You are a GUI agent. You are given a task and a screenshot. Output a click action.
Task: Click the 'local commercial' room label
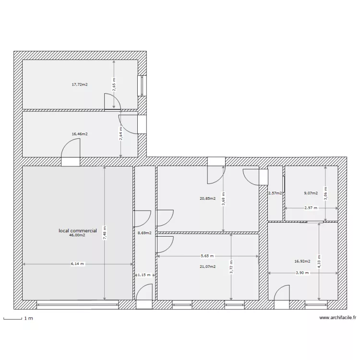tap(77, 230)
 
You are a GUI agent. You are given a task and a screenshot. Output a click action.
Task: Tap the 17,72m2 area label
tap(80, 84)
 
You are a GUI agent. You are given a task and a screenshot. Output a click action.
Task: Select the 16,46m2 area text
tap(80, 134)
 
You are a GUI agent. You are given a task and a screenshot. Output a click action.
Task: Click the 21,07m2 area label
tap(208, 266)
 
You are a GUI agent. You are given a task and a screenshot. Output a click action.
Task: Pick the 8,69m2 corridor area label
tap(144, 233)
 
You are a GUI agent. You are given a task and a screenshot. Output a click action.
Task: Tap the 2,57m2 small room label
tap(275, 193)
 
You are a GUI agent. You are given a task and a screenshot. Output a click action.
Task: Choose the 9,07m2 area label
tap(311, 193)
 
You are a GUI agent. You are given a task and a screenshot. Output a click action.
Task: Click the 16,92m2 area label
tap(302, 262)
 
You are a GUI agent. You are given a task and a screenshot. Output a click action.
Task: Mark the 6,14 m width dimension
tap(77, 264)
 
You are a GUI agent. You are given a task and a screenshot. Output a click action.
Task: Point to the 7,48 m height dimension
tap(105, 233)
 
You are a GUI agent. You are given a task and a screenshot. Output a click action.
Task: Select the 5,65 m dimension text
tap(207, 256)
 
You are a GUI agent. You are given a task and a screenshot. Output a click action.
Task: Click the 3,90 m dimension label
tap(302, 273)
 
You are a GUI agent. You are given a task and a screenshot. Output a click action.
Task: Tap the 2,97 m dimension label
tap(311, 208)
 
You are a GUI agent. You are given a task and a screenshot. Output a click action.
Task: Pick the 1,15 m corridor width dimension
tap(144, 275)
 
